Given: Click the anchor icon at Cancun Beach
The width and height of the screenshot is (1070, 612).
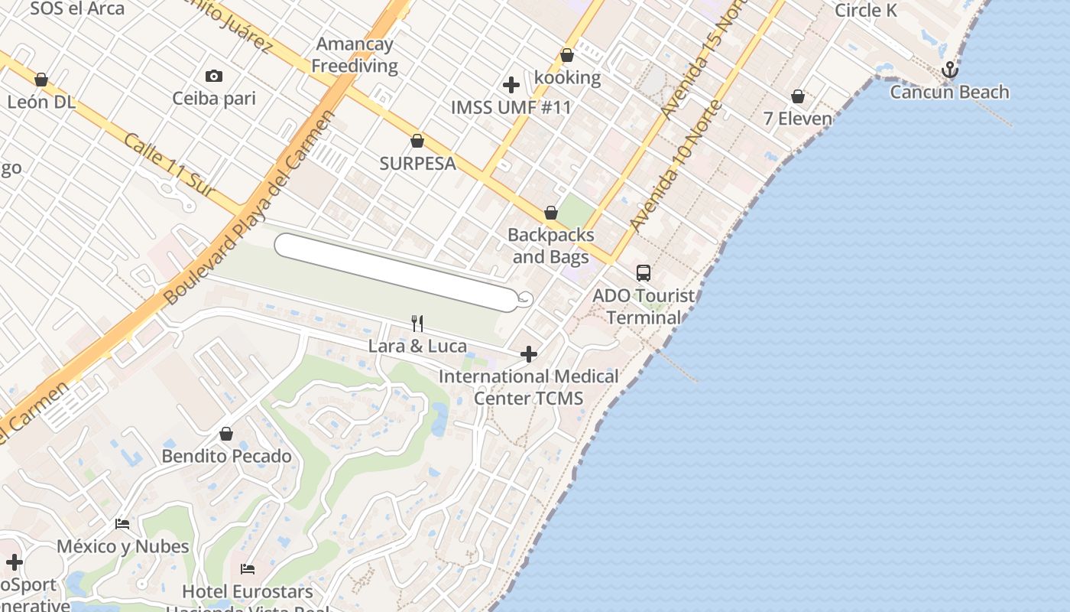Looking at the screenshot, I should coord(949,70).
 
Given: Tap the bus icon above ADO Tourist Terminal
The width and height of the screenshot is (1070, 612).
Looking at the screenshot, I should coord(644,273).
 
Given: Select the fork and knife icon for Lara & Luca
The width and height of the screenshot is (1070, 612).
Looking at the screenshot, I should coord(417,324).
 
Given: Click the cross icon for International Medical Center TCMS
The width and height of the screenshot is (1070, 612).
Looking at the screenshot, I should coord(529,354).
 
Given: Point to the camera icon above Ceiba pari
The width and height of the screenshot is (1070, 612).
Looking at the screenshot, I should coord(214,76).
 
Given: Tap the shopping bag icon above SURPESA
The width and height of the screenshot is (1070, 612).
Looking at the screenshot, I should coord(417,141).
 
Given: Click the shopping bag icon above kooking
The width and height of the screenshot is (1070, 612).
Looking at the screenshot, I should coord(567,55).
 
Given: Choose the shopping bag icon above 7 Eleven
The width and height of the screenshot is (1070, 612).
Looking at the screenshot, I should coord(798,96).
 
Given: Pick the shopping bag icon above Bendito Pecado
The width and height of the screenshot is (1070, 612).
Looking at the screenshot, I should coord(226,434).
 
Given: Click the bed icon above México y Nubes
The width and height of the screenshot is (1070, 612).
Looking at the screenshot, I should coord(122,524).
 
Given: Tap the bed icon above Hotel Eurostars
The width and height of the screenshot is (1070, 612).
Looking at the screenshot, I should coord(248,569).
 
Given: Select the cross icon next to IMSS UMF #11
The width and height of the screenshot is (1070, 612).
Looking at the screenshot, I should coord(511,85).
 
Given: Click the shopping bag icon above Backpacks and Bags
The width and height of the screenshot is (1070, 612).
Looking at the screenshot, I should coord(550,213).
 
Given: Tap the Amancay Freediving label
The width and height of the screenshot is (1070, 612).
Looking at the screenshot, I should coord(355,55).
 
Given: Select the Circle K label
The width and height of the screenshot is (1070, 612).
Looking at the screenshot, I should coord(866,10).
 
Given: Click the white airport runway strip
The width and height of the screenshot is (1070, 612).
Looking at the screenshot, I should coord(396,272).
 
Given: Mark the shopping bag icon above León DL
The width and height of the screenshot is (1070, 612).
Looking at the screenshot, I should coord(41,80).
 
